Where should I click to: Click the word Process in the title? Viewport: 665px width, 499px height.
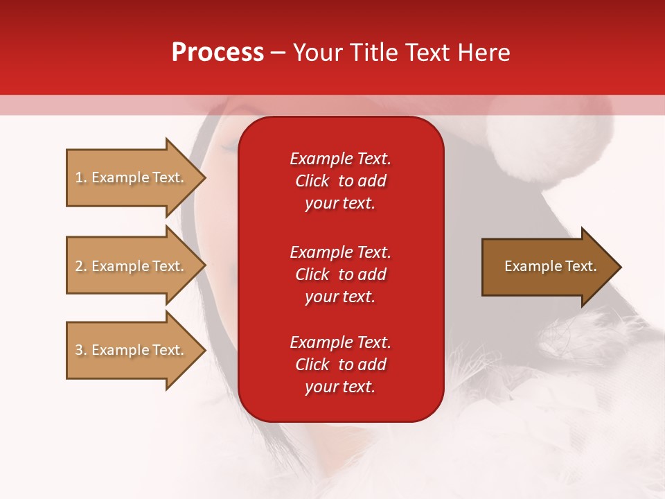pyautogui.click(x=218, y=53)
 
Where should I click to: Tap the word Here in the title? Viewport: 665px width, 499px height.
pyautogui.click(x=483, y=53)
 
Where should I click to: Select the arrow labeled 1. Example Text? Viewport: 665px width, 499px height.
pyautogui.click(x=132, y=177)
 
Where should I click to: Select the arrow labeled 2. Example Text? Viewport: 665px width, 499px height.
pyautogui.click(x=132, y=266)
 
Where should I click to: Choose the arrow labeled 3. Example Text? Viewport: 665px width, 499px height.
pyautogui.click(x=132, y=350)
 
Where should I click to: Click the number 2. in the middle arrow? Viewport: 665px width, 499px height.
pyautogui.click(x=81, y=266)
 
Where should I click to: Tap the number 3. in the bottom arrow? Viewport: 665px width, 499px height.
pyautogui.click(x=81, y=350)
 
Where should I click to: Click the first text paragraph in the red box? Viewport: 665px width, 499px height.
pyautogui.click(x=340, y=181)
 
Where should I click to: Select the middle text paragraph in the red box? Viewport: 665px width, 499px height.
pyautogui.click(x=340, y=274)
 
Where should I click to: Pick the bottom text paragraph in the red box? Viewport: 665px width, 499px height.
pyautogui.click(x=340, y=365)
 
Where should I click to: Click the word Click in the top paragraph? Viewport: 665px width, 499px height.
pyautogui.click(x=312, y=181)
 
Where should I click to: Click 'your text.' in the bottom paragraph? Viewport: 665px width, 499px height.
pyautogui.click(x=340, y=387)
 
